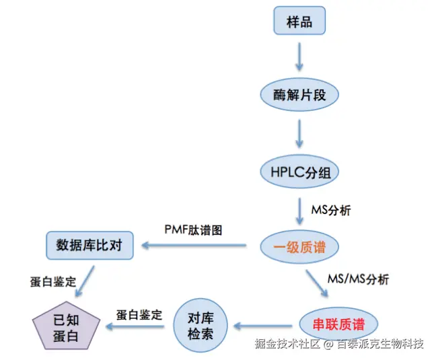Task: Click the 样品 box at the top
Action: (299, 22)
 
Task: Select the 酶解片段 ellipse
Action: (299, 95)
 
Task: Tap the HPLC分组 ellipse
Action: (299, 172)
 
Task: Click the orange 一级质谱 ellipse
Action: (299, 248)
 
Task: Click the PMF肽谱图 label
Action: (194, 229)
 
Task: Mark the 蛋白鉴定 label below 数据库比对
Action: (53, 280)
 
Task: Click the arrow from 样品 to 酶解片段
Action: (299, 57)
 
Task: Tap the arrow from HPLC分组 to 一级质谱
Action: (299, 211)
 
